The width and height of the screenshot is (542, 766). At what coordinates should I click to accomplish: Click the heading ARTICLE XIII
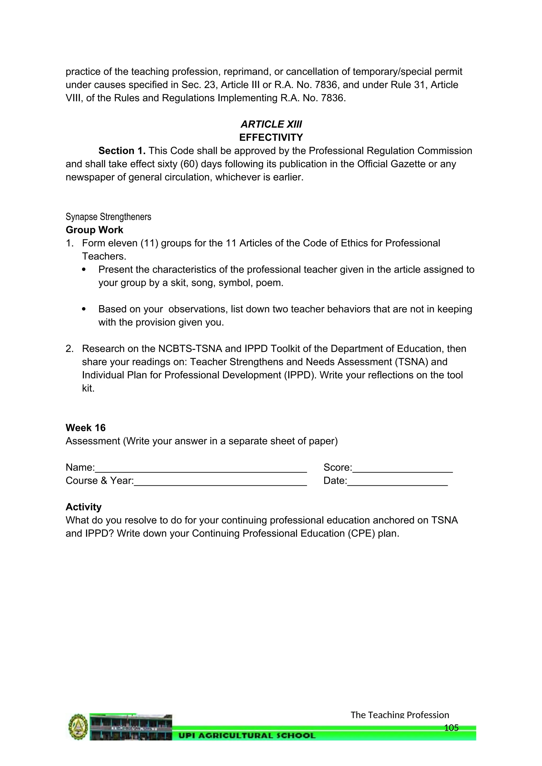click(x=271, y=124)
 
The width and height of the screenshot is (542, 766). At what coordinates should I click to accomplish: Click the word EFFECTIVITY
click(x=271, y=138)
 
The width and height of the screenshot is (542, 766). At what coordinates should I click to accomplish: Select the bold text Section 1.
click(x=122, y=151)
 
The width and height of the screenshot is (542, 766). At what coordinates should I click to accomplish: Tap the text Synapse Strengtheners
click(x=108, y=217)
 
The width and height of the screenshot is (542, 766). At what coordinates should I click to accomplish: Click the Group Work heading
click(x=94, y=230)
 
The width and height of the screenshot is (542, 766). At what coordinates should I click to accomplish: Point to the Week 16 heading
click(x=85, y=428)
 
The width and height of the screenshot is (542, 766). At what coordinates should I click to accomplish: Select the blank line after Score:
click(x=402, y=468)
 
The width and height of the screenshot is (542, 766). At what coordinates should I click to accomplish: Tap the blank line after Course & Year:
click(x=220, y=481)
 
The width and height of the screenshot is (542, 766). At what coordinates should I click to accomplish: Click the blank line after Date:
click(x=397, y=481)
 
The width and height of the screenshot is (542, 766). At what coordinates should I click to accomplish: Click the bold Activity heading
click(x=83, y=507)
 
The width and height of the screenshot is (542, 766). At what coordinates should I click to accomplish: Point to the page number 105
click(x=451, y=728)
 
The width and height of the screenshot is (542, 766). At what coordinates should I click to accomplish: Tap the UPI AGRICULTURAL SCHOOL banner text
click(x=247, y=735)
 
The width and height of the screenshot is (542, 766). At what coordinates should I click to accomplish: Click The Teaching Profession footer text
click(x=400, y=715)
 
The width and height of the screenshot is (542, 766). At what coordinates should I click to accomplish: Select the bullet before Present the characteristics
click(x=84, y=270)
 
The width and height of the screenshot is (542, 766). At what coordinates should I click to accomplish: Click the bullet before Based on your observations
click(x=84, y=309)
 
